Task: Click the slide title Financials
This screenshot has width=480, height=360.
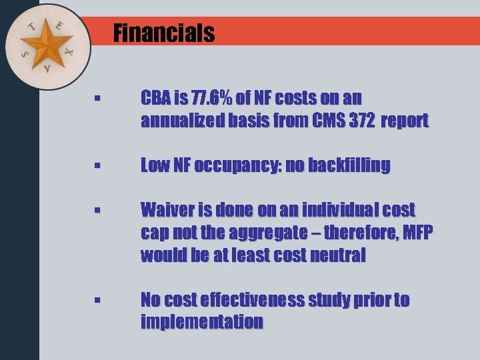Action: [164, 33]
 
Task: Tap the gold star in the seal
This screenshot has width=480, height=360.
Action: [46, 45]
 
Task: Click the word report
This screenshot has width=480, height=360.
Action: [405, 121]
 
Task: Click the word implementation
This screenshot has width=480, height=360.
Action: [202, 323]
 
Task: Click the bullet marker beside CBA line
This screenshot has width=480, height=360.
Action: [97, 100]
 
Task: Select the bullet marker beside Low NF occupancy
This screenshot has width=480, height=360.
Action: [97, 167]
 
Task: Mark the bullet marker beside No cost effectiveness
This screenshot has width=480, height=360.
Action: [97, 301]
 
